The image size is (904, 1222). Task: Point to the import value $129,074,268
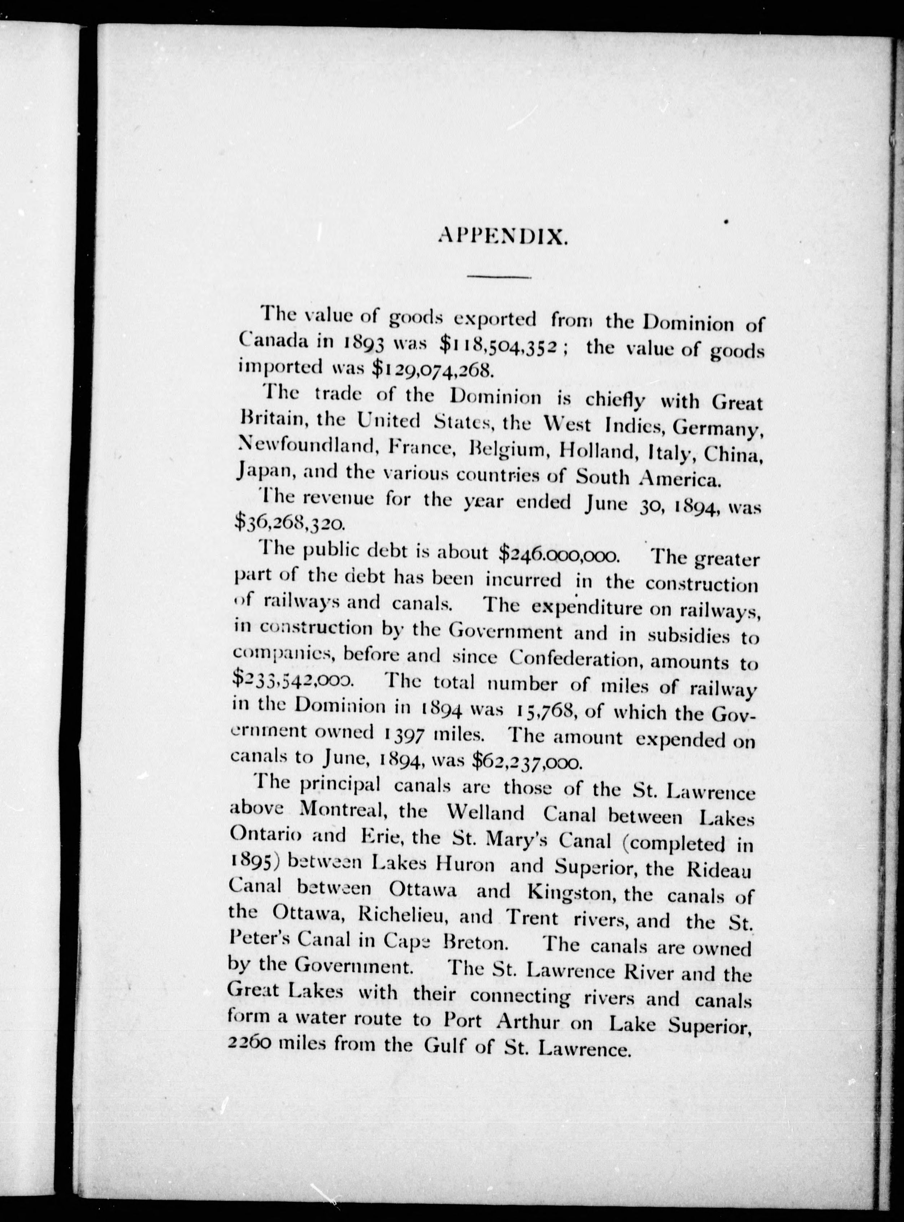pyautogui.click(x=432, y=369)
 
